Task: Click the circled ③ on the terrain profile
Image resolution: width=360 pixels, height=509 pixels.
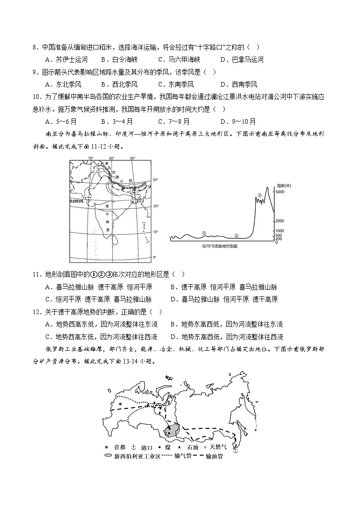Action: point(259,195)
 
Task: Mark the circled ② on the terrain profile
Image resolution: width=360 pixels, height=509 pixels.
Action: point(236,236)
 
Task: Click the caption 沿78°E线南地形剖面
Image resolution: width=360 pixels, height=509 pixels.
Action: point(220,246)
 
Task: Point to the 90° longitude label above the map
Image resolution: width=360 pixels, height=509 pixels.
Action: point(132,158)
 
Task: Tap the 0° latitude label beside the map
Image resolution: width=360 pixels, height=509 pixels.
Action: point(155,257)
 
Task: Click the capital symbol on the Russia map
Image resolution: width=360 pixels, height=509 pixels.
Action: point(120,404)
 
